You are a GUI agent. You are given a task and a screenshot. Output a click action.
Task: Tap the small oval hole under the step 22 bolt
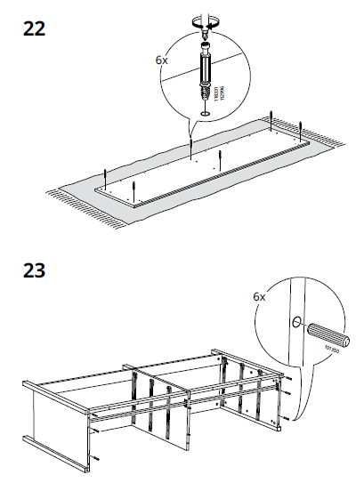(x=206, y=113)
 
